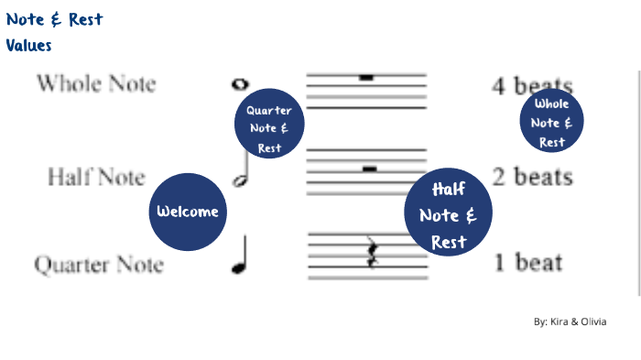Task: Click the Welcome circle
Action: (188, 212)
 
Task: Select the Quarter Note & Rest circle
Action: (269, 124)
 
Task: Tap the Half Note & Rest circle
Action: (449, 213)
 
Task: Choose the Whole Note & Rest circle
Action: (552, 120)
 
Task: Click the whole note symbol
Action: (241, 85)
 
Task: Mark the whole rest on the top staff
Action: (366, 78)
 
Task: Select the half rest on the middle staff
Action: (369, 169)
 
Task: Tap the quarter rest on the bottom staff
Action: (372, 253)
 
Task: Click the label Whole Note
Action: (96, 84)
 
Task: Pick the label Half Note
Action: (96, 175)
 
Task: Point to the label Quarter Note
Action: (99, 266)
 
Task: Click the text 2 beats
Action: (533, 177)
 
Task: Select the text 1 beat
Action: (528, 264)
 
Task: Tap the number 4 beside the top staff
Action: (499, 87)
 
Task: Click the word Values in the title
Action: (28, 45)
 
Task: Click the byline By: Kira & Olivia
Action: (570, 322)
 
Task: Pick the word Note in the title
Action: (27, 19)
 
